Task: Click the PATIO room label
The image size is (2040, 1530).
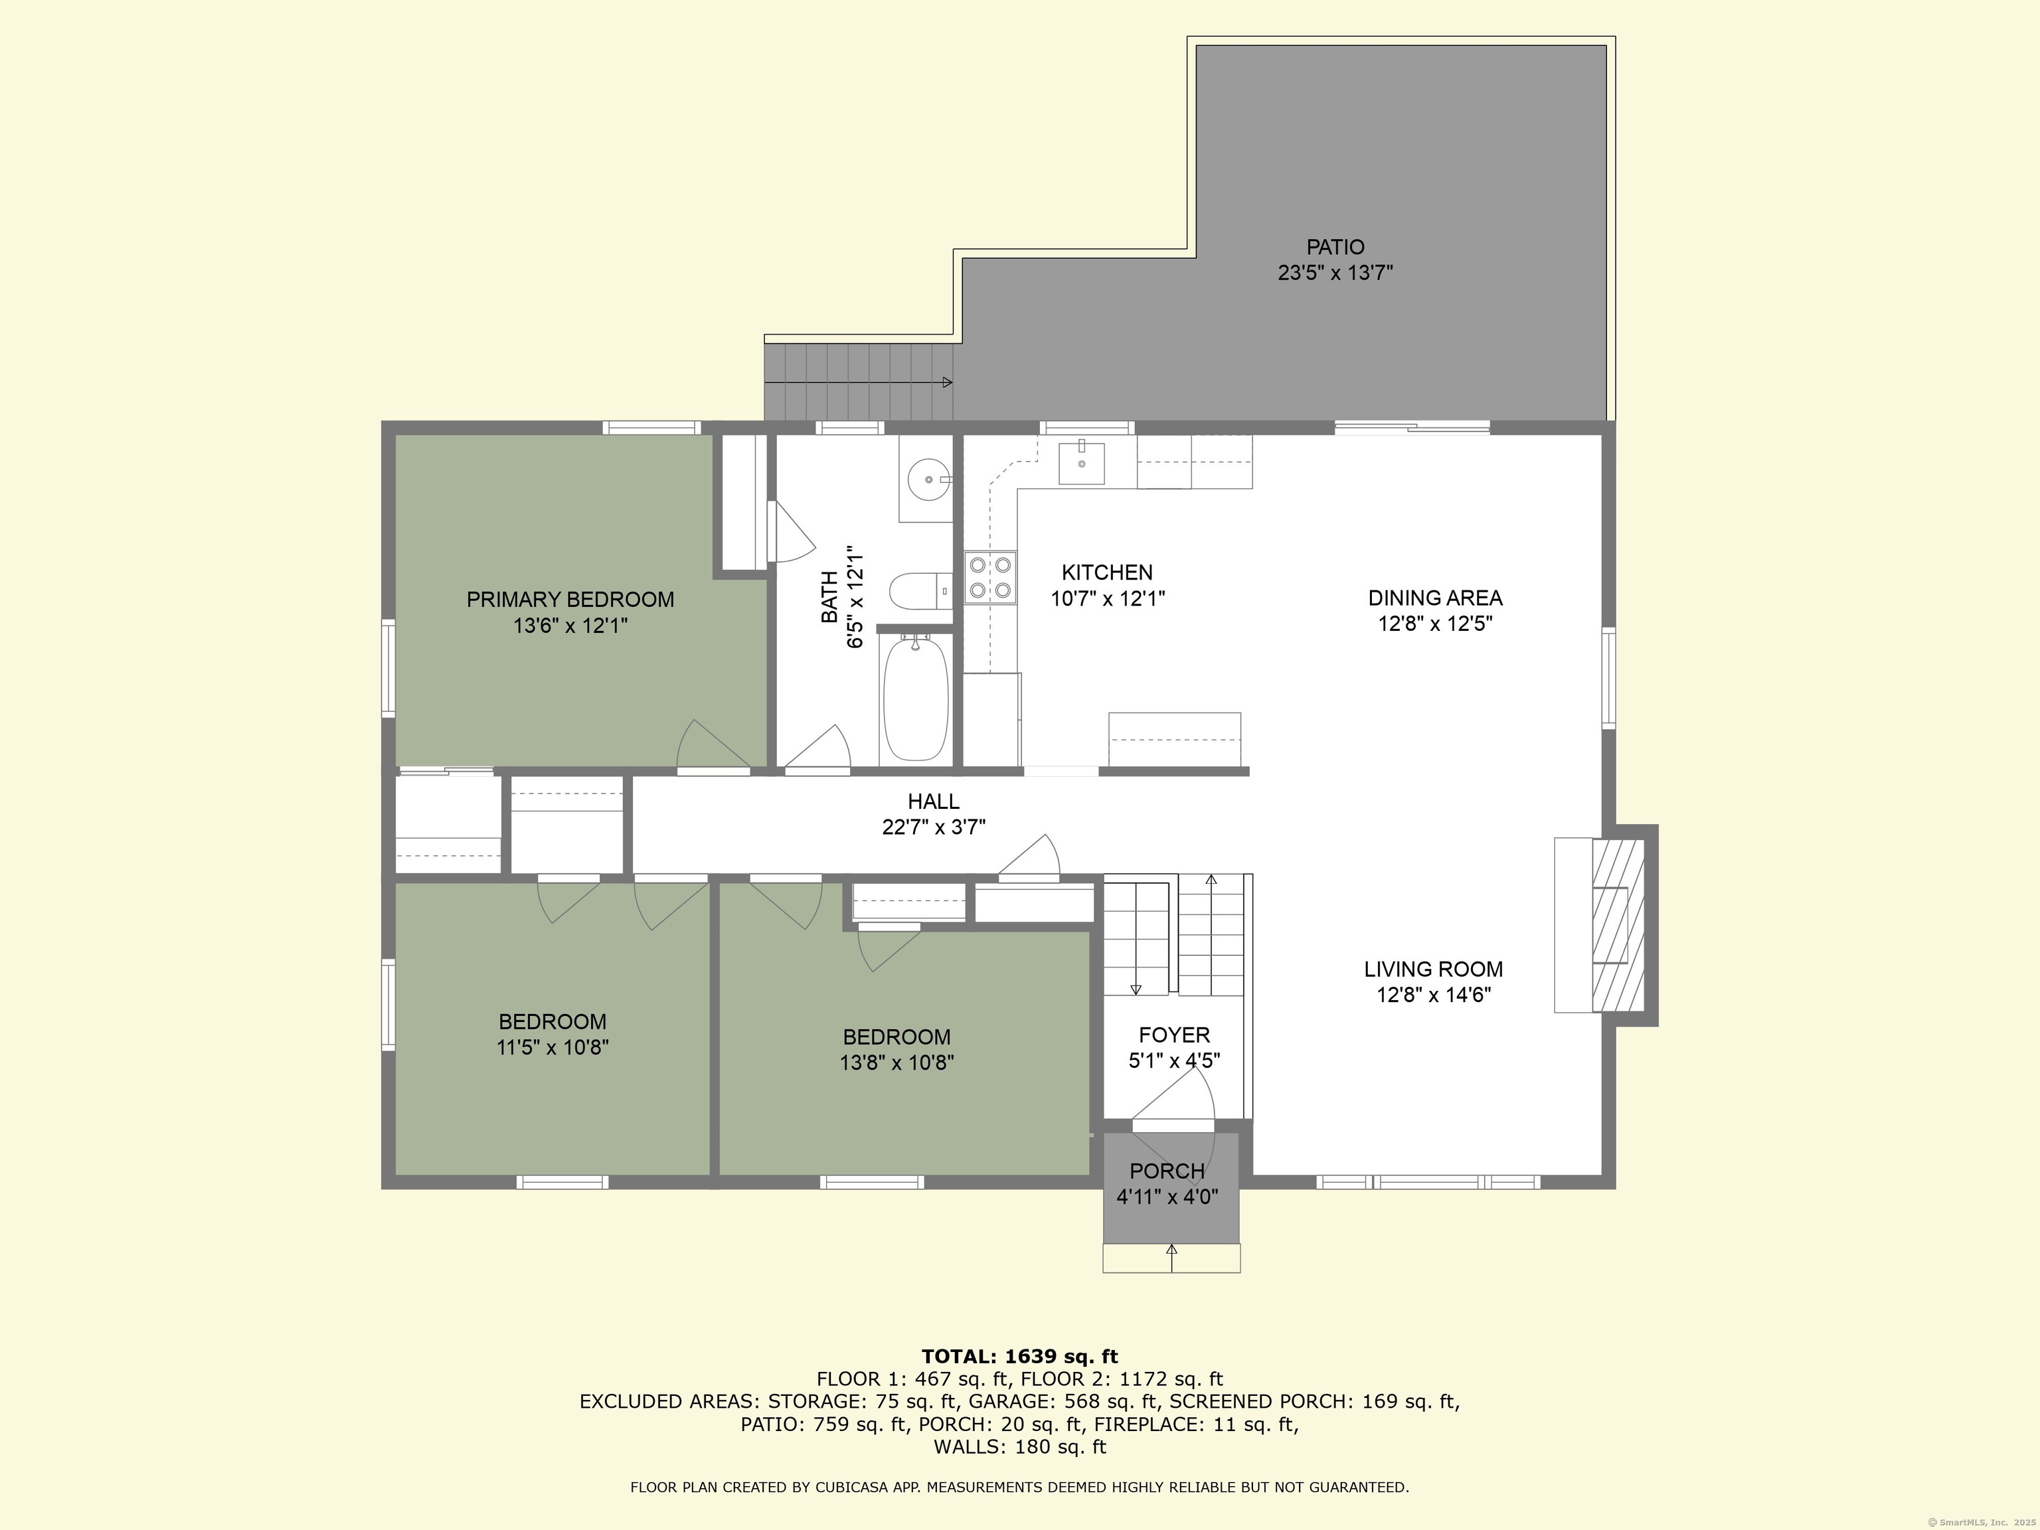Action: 1335,247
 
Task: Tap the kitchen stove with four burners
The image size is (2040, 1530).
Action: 991,577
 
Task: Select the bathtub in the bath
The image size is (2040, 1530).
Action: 915,698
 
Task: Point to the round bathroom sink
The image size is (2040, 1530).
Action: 926,479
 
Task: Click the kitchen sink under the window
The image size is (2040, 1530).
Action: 1081,462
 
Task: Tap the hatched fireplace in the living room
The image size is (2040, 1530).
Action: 1618,924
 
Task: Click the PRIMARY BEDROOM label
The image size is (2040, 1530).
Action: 570,600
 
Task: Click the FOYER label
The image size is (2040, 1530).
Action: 1174,1035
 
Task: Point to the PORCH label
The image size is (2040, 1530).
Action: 1167,1171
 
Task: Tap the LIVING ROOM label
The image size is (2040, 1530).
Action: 1433,970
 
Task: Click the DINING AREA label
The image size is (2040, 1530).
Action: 1435,598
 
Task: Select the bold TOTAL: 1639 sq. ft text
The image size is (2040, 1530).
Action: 1019,1357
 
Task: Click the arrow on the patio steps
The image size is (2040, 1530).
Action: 859,382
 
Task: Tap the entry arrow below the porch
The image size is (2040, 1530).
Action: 1172,1258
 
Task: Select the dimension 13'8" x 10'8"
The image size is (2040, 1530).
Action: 896,1062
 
